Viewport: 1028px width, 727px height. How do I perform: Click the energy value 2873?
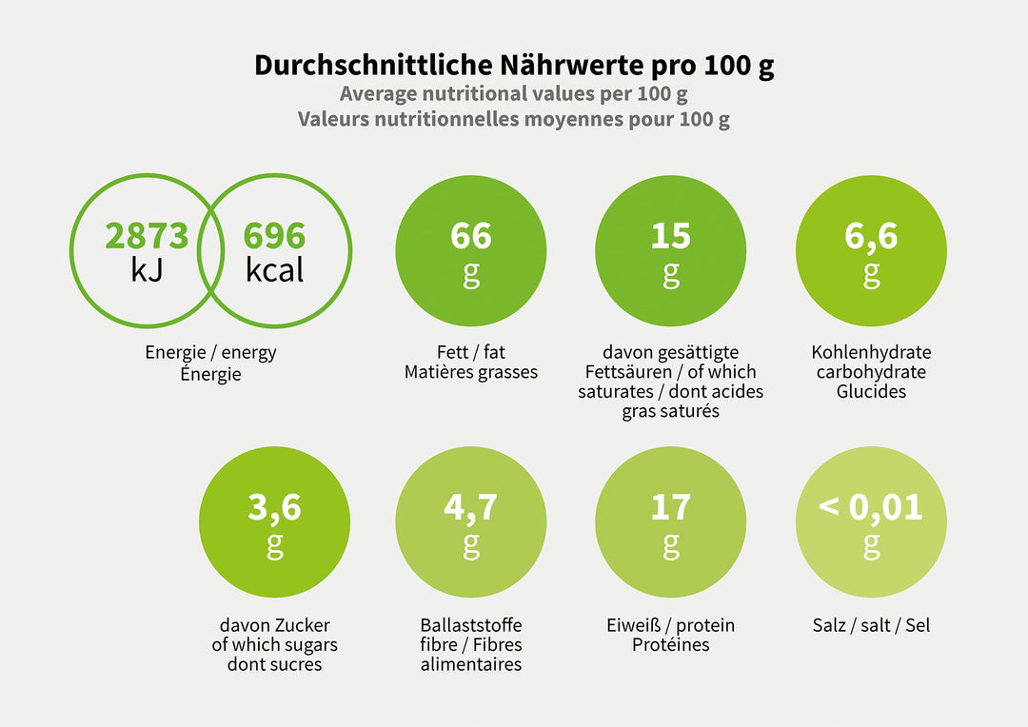pyautogui.click(x=147, y=236)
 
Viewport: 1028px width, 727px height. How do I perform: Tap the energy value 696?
pyautogui.click(x=274, y=236)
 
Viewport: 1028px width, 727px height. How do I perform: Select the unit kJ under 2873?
pyautogui.click(x=147, y=270)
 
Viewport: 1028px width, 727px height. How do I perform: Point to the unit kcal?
pyautogui.click(x=274, y=270)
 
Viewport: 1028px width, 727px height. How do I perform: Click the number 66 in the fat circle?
pyautogui.click(x=471, y=236)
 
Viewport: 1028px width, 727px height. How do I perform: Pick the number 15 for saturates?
pyautogui.click(x=671, y=236)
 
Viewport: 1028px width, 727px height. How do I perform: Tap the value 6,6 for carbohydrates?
pyautogui.click(x=871, y=236)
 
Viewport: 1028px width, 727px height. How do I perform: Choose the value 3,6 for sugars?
pyautogui.click(x=274, y=507)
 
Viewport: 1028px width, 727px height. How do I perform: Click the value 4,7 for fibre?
pyautogui.click(x=471, y=507)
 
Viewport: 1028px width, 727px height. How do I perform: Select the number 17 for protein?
pyautogui.click(x=671, y=507)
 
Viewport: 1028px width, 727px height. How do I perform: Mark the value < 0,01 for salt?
pyautogui.click(x=871, y=507)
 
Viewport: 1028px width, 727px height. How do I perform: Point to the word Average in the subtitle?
pyautogui.click(x=379, y=94)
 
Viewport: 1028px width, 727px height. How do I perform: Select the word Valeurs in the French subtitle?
pyautogui.click(x=333, y=120)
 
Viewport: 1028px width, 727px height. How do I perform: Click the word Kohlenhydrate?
pyautogui.click(x=871, y=352)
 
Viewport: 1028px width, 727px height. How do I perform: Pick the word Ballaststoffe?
pyautogui.click(x=471, y=625)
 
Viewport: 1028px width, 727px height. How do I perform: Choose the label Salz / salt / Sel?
pyautogui.click(x=871, y=625)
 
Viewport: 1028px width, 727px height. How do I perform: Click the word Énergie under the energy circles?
pyautogui.click(x=210, y=374)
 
